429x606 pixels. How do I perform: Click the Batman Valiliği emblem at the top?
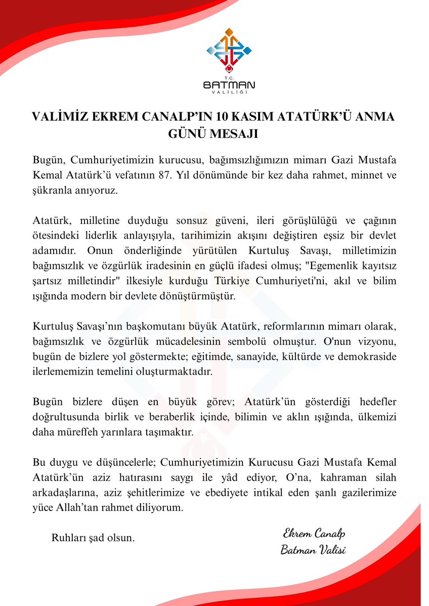coord(229,51)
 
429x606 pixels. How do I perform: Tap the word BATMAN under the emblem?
coord(229,84)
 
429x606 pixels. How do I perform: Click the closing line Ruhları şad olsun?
coord(93,538)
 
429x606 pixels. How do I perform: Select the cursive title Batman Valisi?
coord(313,550)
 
